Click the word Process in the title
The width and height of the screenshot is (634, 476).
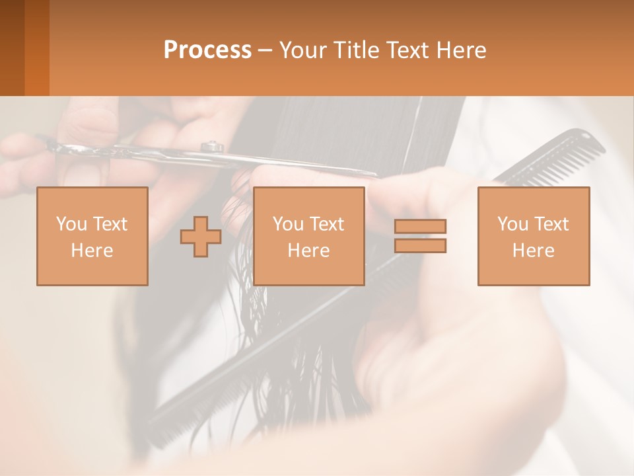pyautogui.click(x=207, y=50)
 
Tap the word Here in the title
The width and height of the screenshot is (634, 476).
pyautogui.click(x=461, y=50)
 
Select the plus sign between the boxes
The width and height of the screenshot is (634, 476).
pyautogui.click(x=201, y=237)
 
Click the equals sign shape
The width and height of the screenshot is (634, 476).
pyautogui.click(x=420, y=236)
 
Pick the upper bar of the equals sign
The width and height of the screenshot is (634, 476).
pyautogui.click(x=420, y=227)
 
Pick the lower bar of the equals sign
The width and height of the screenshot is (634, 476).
pyautogui.click(x=420, y=245)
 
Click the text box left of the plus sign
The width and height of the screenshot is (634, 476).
pyautogui.click(x=92, y=236)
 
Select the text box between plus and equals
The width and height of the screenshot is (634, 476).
pyautogui.click(x=308, y=236)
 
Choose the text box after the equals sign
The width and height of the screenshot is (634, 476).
pyautogui.click(x=533, y=236)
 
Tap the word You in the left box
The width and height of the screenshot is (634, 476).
pyautogui.click(x=69, y=224)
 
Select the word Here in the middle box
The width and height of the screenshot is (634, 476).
pyautogui.click(x=308, y=251)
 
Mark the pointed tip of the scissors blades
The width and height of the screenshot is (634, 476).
pyautogui.click(x=376, y=175)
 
